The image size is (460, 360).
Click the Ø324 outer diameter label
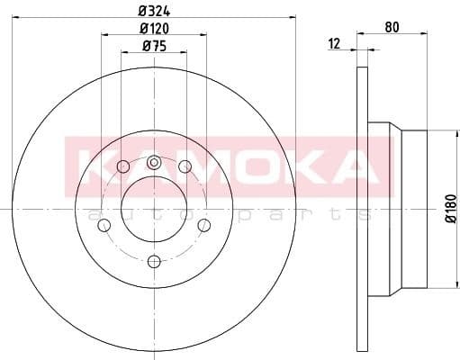pos(153,12)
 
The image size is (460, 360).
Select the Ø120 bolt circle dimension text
pos(156,30)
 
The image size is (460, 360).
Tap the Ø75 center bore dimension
pos(155,48)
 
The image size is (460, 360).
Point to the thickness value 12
pos(334,44)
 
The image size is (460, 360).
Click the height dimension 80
pos(392,26)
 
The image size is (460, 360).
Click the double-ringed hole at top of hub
pos(154,163)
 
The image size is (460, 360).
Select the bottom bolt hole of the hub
pos(154,261)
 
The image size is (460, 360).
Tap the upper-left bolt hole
pos(123,166)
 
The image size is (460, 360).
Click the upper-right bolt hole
pos(185,166)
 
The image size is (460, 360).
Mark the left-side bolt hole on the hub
pos(104,224)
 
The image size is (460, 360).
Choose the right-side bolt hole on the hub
pos(203,224)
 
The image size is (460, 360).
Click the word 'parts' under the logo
pos(306,214)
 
